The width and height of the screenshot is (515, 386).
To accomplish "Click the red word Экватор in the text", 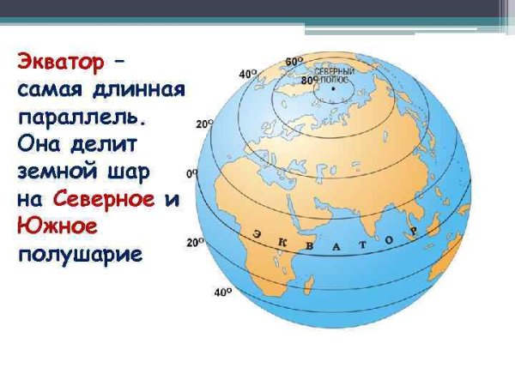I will [x=59, y=63].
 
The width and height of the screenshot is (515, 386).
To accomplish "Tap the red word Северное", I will [x=103, y=199].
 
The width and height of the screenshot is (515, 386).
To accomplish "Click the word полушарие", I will [x=78, y=255].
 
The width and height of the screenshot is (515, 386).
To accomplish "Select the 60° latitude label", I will [x=294, y=62].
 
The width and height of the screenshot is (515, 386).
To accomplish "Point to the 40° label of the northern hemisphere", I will [x=248, y=75].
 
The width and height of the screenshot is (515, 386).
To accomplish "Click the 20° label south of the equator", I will [x=195, y=243].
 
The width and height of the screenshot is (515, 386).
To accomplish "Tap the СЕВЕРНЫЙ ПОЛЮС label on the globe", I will [x=329, y=75].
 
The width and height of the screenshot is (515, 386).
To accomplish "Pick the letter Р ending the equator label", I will [x=413, y=232].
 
